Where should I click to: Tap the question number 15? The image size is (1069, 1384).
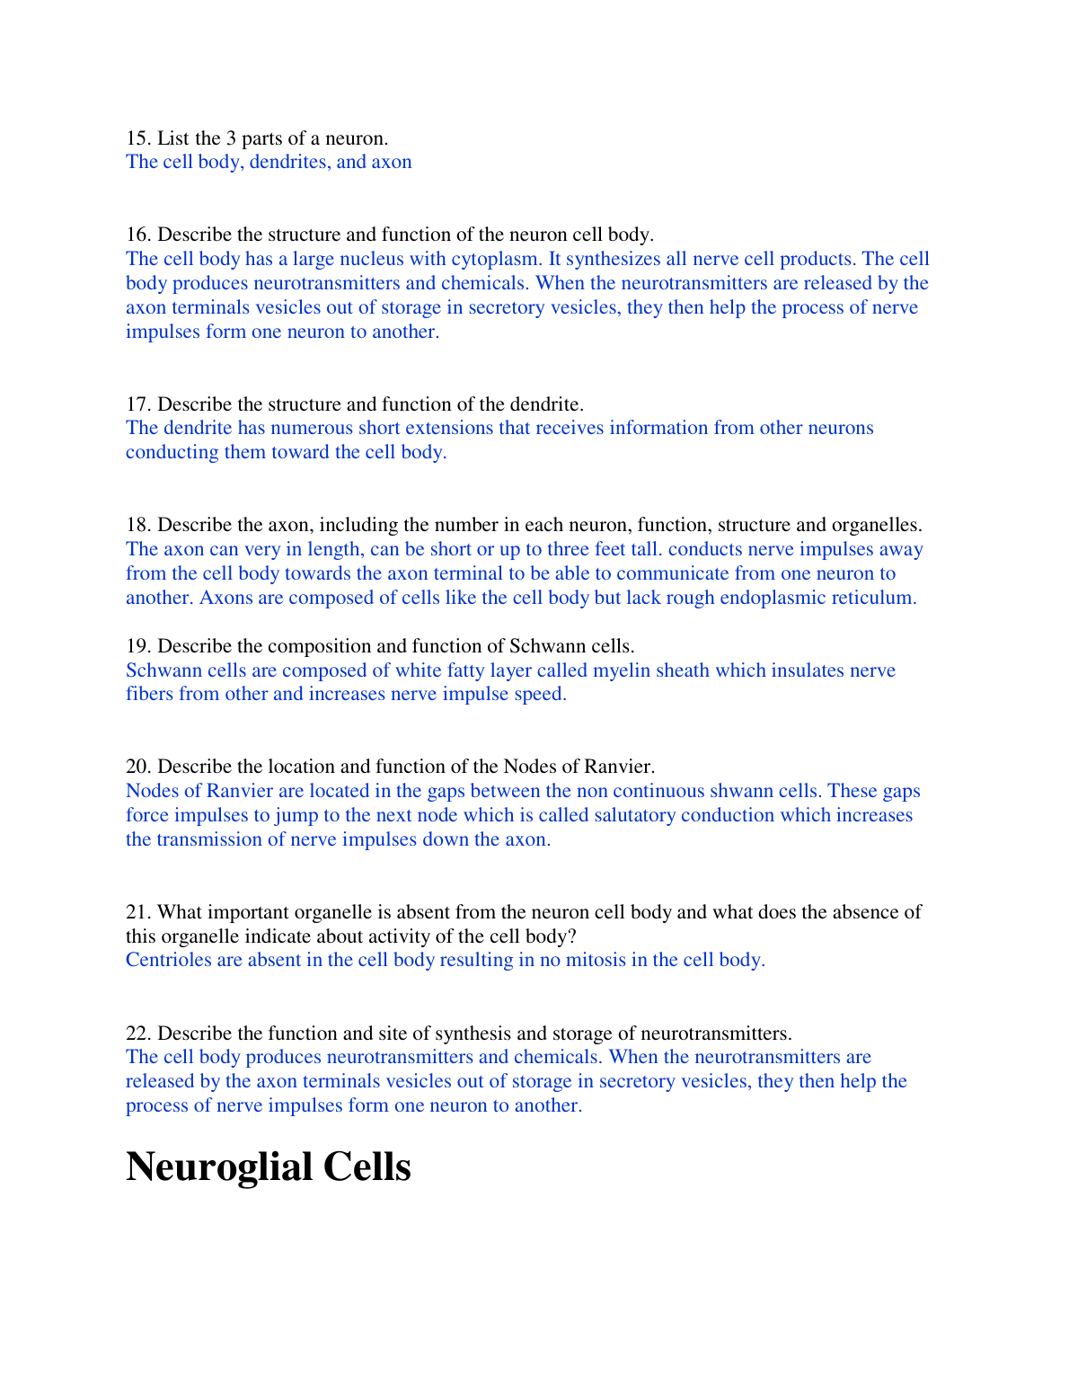[137, 138]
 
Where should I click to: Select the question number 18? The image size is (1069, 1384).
[137, 525]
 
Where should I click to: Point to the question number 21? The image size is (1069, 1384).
[137, 912]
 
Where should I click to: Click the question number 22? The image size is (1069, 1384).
[137, 1034]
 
